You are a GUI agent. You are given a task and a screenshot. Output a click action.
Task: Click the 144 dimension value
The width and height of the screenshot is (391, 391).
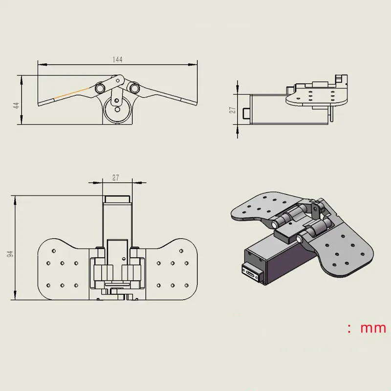click(117, 60)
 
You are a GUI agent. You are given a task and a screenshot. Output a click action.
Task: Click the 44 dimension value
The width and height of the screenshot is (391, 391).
click(16, 105)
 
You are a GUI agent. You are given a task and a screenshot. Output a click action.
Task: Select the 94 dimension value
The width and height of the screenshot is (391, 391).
click(10, 254)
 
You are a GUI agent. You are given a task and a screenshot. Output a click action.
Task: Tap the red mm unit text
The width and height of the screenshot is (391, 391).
click(373, 328)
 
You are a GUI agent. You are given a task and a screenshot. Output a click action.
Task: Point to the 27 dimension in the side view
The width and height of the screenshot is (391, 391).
click(233, 110)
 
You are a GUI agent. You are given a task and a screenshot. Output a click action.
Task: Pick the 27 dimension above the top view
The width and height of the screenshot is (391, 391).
click(115, 178)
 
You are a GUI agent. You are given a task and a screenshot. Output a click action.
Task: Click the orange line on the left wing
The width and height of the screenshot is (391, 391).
click(72, 93)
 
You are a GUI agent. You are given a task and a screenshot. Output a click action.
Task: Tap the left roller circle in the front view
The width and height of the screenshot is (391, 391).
click(100, 88)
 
